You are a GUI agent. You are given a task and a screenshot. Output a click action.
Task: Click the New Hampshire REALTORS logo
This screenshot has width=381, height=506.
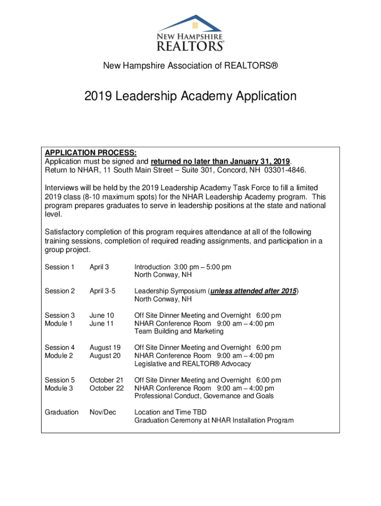click(190, 33)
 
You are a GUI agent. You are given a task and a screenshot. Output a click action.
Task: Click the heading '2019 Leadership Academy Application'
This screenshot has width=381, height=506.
click(190, 96)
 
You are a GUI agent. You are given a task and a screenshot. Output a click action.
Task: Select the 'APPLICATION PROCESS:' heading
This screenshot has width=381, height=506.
click(91, 153)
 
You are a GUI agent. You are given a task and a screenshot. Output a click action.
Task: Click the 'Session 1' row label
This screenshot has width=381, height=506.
click(59, 267)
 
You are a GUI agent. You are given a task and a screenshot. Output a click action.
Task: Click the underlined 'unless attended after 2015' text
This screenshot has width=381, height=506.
click(253, 291)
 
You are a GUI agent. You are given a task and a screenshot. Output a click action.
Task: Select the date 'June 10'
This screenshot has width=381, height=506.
click(101, 315)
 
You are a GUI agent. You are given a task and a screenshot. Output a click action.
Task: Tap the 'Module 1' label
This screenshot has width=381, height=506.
click(59, 324)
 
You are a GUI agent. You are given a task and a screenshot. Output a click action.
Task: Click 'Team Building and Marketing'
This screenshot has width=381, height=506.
click(179, 332)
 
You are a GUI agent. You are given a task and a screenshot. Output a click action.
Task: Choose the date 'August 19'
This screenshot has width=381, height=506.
click(104, 347)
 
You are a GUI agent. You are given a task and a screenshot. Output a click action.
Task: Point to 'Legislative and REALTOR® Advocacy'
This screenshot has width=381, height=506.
click(192, 364)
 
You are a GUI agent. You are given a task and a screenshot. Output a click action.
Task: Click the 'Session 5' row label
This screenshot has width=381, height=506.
click(59, 380)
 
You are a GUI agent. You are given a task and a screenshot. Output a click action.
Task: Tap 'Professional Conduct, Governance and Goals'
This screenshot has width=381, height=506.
click(204, 396)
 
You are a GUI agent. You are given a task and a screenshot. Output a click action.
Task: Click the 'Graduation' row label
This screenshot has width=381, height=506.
click(61, 412)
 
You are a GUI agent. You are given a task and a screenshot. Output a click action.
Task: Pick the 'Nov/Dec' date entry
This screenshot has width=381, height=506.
click(102, 412)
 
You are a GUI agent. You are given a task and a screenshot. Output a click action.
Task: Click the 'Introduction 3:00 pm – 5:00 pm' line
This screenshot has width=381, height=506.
click(183, 267)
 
